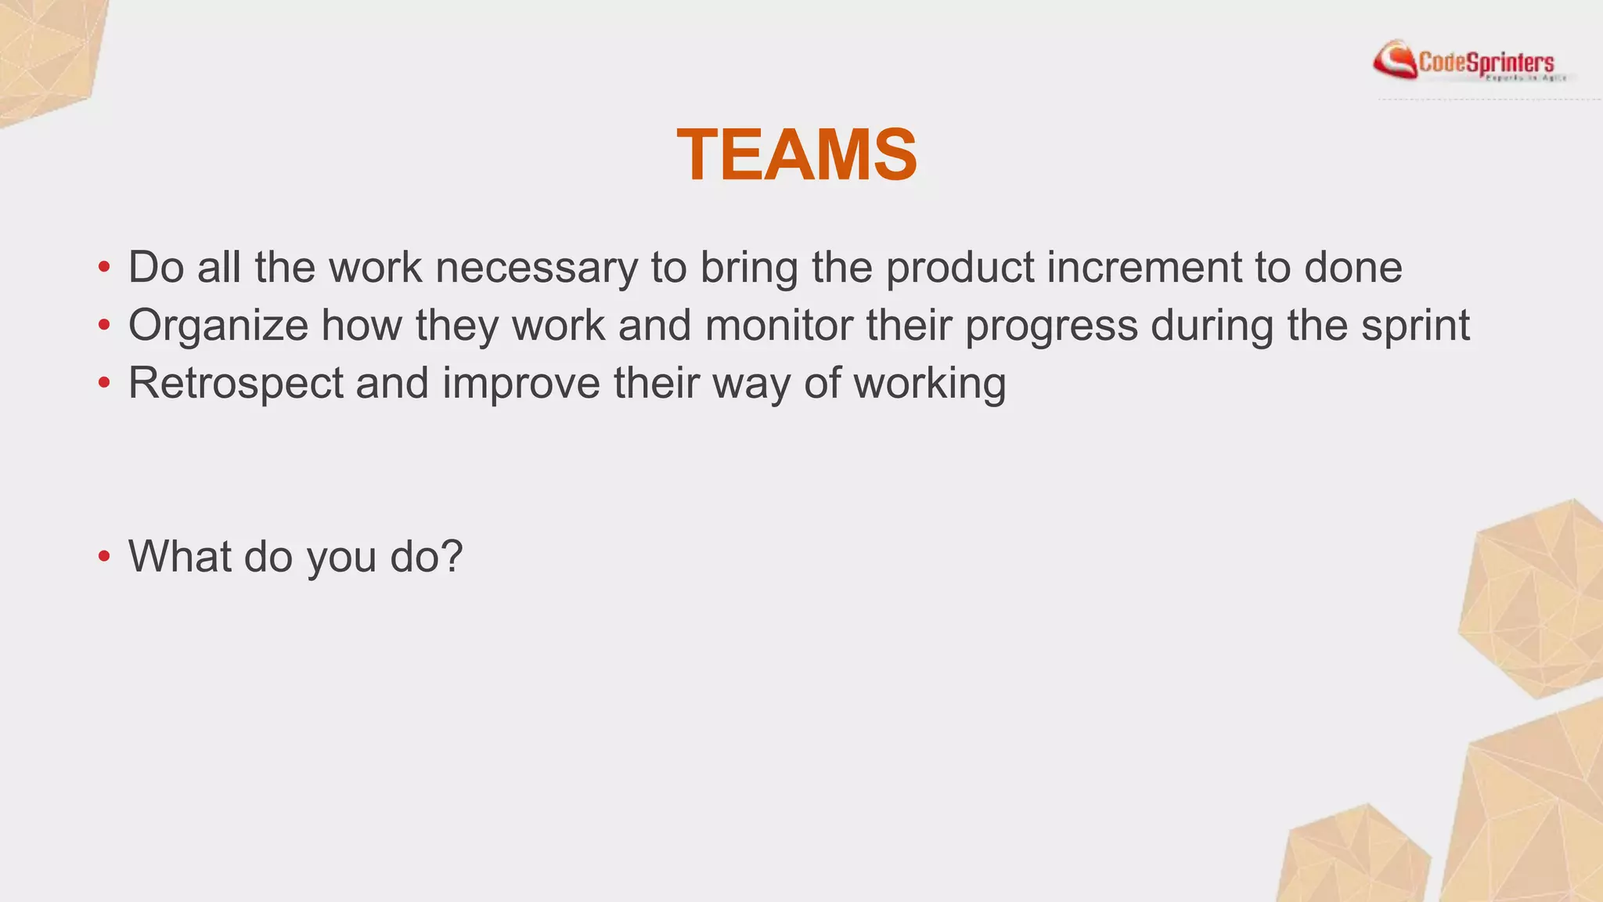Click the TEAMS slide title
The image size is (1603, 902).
tap(797, 155)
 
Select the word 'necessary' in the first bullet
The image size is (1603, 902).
tap(536, 267)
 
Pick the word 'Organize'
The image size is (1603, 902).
tap(218, 326)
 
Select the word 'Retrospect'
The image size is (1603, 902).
tap(236, 383)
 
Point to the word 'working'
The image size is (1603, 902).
tap(929, 384)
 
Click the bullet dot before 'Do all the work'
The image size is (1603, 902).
tap(104, 269)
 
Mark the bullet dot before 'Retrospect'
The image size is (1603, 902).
tap(104, 384)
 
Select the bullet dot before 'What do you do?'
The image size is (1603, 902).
tap(104, 557)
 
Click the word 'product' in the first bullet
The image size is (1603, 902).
tap(960, 268)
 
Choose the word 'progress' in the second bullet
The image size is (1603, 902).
tap(1051, 326)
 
